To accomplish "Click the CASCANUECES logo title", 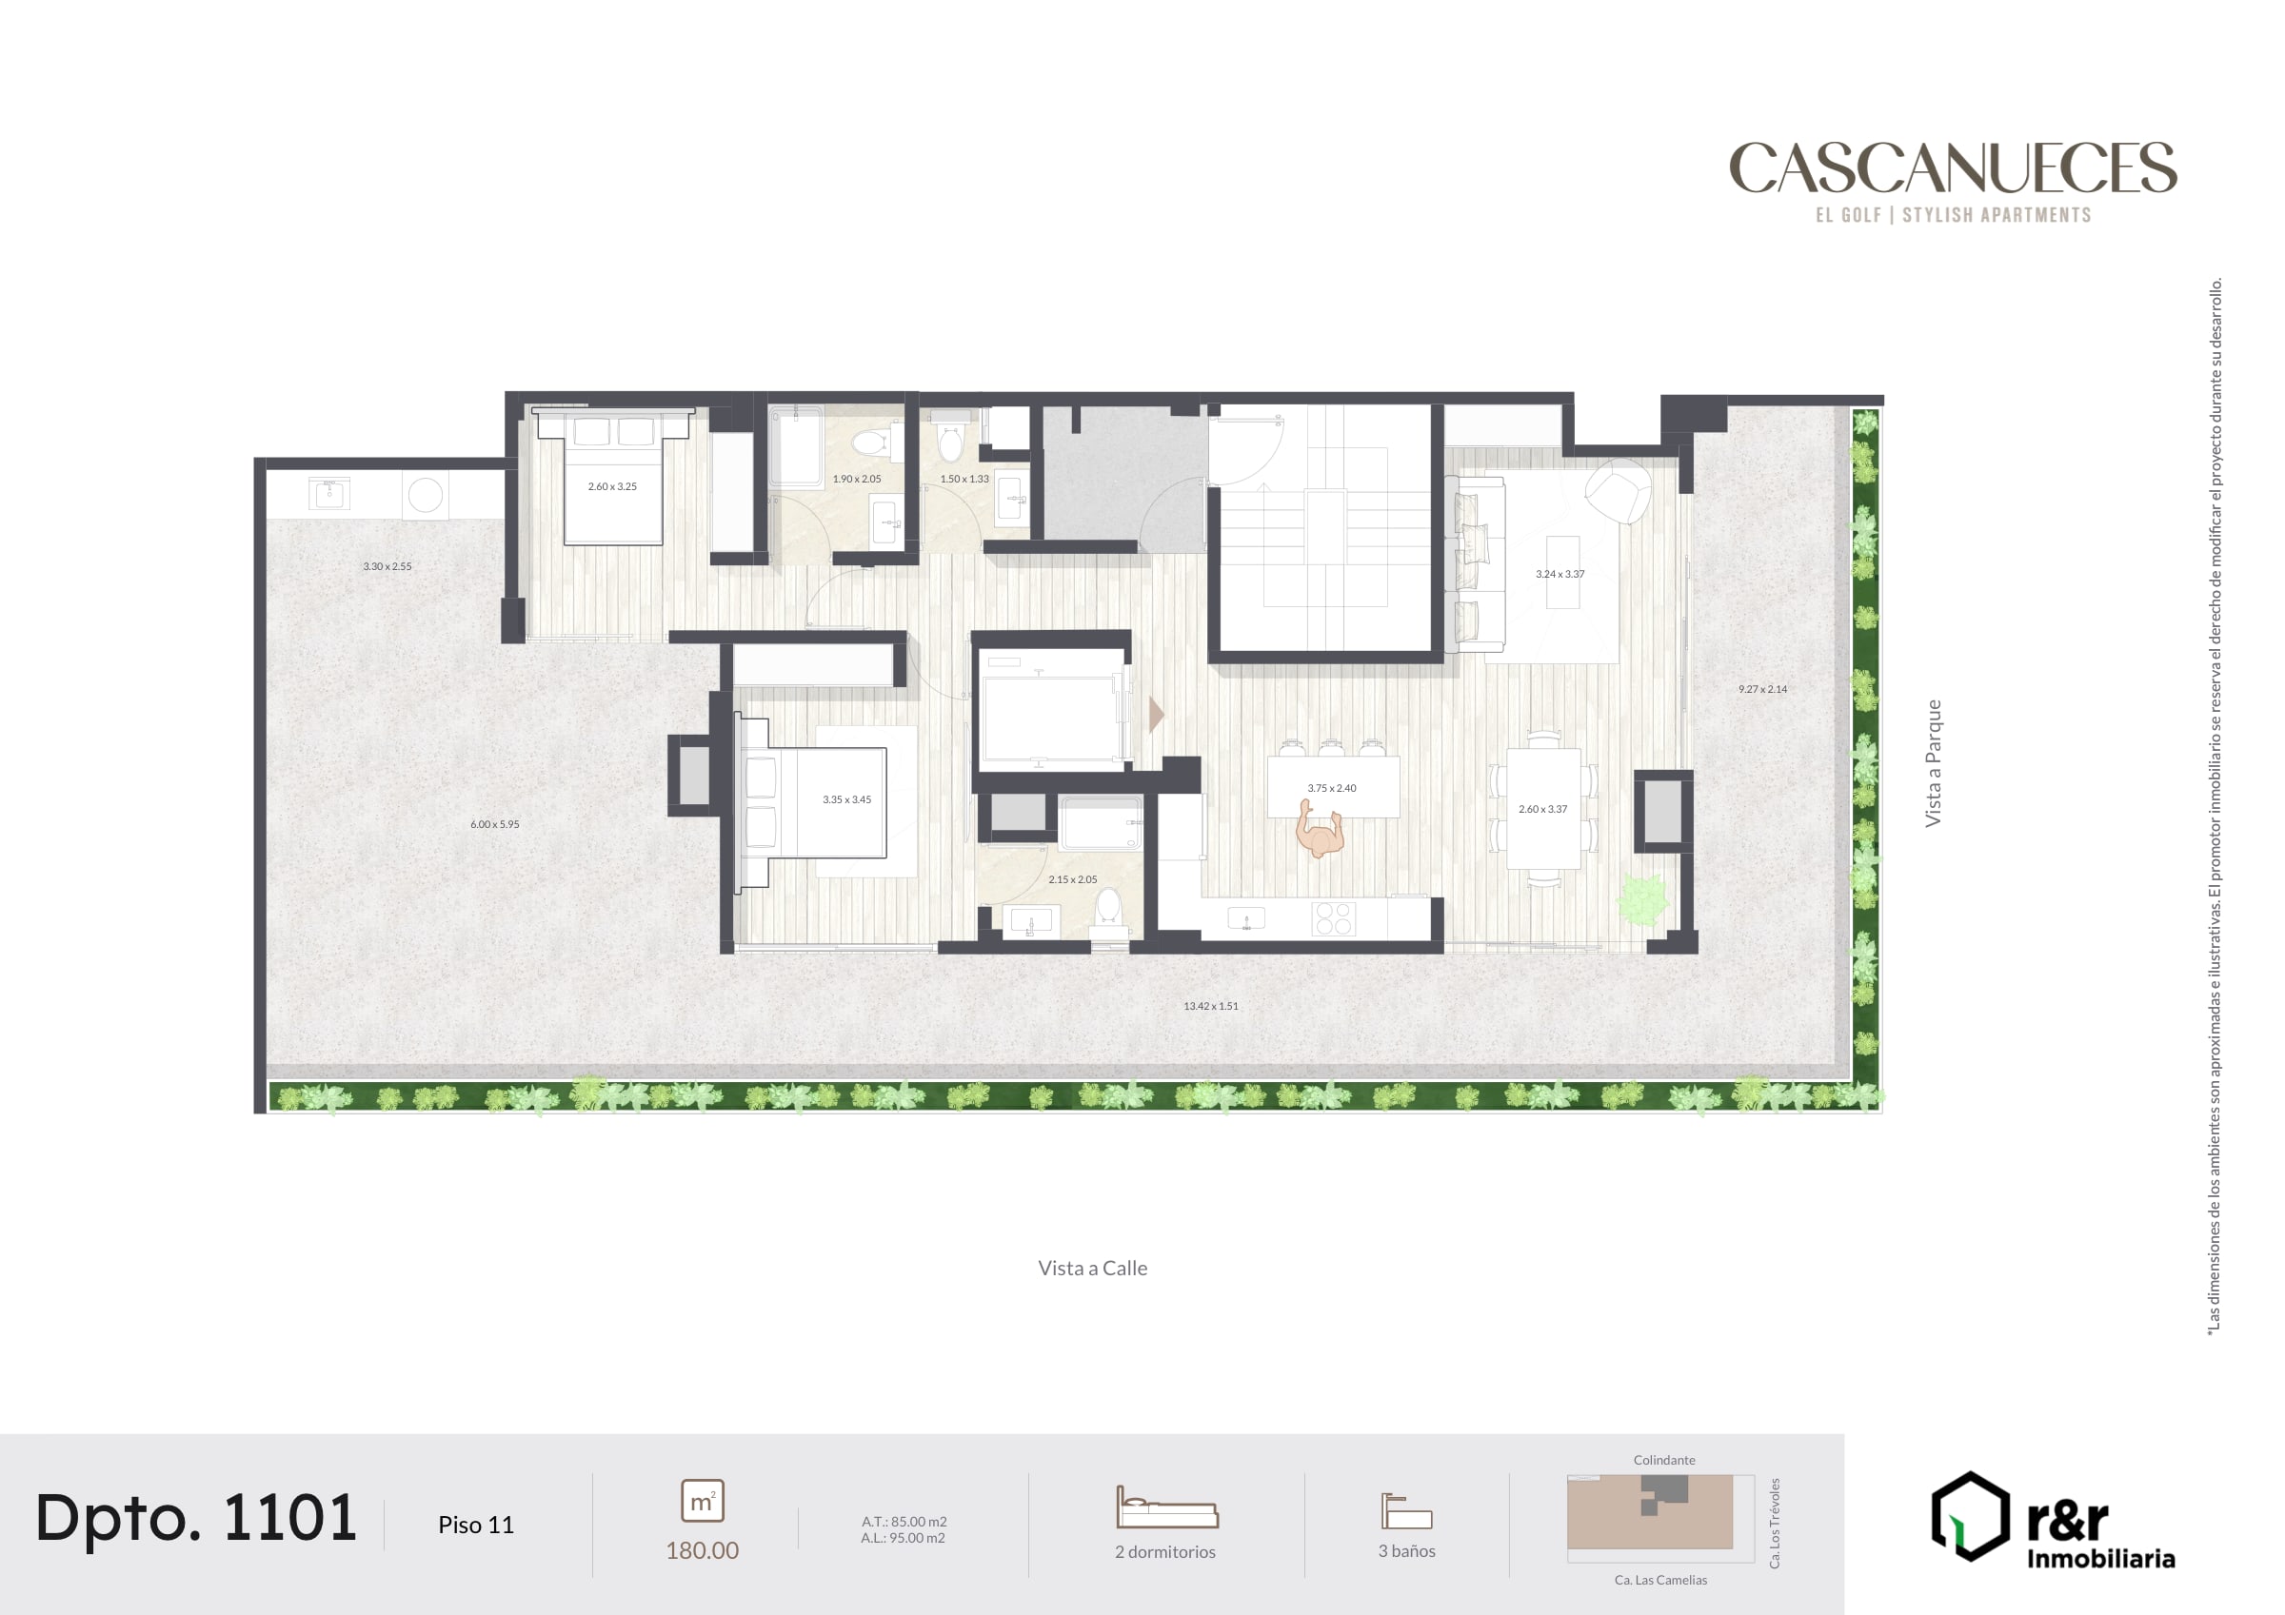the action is point(1953,167).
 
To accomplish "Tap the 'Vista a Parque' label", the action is point(1933,763).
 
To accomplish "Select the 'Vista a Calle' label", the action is point(1093,1268).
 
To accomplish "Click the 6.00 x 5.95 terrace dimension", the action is point(495,824).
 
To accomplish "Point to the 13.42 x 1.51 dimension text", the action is point(1211,1006).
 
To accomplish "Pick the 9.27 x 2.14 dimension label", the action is point(1762,689).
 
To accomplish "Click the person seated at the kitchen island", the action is point(1320,831).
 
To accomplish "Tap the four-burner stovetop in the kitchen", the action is point(1334,918).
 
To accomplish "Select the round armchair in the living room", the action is point(1619,490).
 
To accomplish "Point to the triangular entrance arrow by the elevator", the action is point(1157,715).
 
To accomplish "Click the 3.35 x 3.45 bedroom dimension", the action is point(847,799).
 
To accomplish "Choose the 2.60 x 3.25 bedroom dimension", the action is point(612,486).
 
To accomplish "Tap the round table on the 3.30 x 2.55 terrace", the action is point(425,495).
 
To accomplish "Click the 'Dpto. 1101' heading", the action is point(196,1519).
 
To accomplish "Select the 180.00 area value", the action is point(702,1550).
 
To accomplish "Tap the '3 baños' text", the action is point(1406,1550).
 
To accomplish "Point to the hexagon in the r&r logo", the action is point(1970,1515).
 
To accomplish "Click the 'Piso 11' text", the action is point(476,1525).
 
